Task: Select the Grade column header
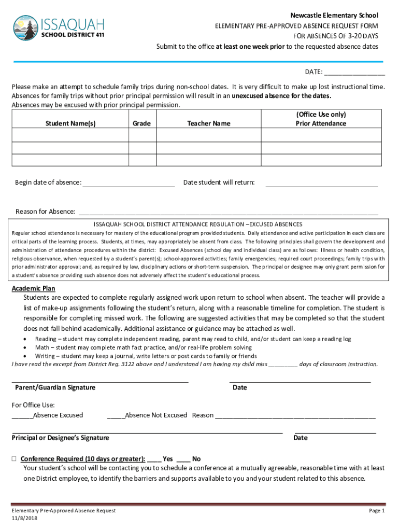coord(141,123)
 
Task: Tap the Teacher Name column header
coord(209,123)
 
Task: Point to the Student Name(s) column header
coord(70,123)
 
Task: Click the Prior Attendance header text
coord(321,123)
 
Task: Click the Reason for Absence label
coord(45,212)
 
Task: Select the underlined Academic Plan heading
coord(34,288)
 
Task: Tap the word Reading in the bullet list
coord(46,339)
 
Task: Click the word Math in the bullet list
coord(42,347)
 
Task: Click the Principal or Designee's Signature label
coord(61,438)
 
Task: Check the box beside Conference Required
coord(15,459)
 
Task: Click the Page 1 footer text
coord(377,511)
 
